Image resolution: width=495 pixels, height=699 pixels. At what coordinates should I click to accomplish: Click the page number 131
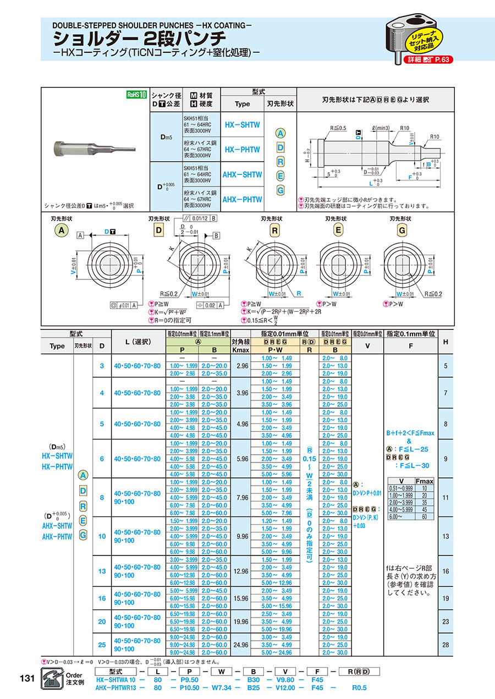point(26,678)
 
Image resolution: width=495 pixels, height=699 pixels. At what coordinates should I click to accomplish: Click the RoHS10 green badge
point(136,95)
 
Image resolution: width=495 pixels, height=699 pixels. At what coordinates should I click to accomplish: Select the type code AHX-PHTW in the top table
point(242,200)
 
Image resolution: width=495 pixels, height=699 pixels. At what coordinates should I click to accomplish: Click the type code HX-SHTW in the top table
point(242,125)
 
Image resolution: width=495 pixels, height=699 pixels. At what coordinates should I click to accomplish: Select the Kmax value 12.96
point(241,571)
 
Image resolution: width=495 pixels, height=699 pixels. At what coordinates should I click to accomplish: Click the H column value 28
point(446,645)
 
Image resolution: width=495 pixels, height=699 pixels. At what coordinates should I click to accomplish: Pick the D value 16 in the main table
point(102,598)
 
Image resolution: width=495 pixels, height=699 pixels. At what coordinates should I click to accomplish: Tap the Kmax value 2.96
point(241,366)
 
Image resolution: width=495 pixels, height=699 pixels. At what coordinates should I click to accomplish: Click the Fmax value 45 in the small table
point(425,510)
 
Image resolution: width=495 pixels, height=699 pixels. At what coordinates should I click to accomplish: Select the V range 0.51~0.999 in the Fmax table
point(400,488)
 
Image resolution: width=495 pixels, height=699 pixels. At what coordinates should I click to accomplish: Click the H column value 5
point(446,366)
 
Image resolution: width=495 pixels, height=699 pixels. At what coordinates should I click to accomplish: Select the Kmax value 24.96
point(241,645)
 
